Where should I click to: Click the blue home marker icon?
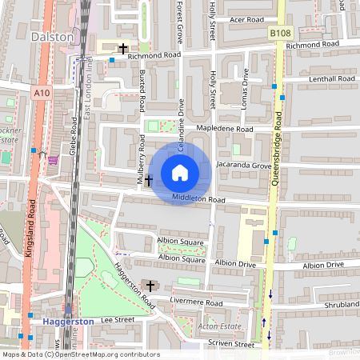[x=180, y=173]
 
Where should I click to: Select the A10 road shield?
[x=42, y=94]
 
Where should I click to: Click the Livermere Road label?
[x=196, y=302]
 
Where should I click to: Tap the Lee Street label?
[x=117, y=319]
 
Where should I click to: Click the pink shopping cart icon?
[x=53, y=159]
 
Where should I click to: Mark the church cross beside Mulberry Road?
[x=148, y=181]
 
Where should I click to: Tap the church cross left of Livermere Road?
[x=150, y=285]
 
